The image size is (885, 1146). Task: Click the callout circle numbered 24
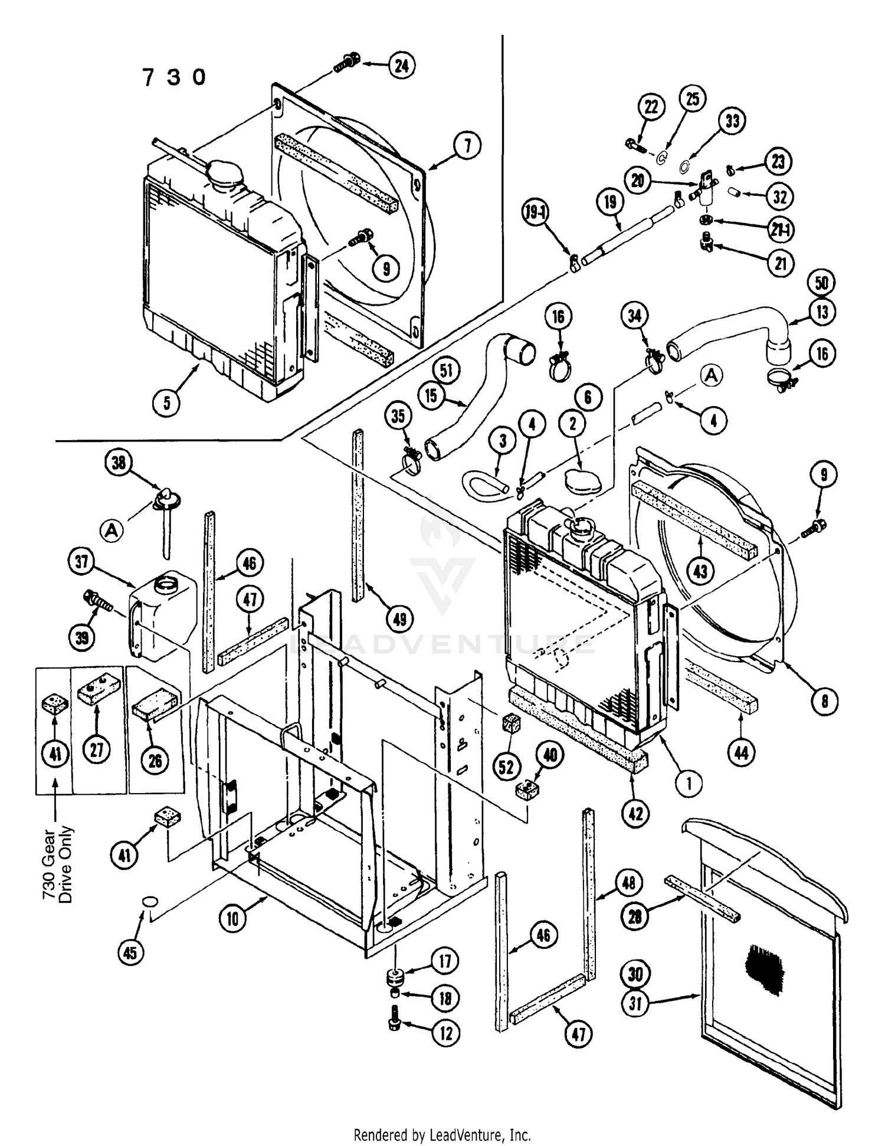coord(401,65)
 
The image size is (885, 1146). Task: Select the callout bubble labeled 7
coord(467,145)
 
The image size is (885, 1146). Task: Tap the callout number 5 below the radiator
coord(167,402)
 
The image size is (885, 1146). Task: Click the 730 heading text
coord(174,77)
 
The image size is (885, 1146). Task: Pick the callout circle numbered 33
coord(732,122)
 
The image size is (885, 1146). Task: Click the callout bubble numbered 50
coord(822,284)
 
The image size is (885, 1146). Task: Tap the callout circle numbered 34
coord(634,316)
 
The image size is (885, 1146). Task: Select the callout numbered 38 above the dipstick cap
coord(119,463)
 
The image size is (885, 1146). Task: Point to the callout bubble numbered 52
coord(506,767)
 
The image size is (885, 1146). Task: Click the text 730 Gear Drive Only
coord(57,864)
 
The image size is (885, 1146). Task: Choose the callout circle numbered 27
coord(97,749)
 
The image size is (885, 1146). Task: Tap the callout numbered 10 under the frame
coord(233,919)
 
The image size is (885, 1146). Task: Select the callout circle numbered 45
coord(130,952)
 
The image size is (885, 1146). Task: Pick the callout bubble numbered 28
coord(635,916)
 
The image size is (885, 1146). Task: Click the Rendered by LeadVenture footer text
coord(442,1134)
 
